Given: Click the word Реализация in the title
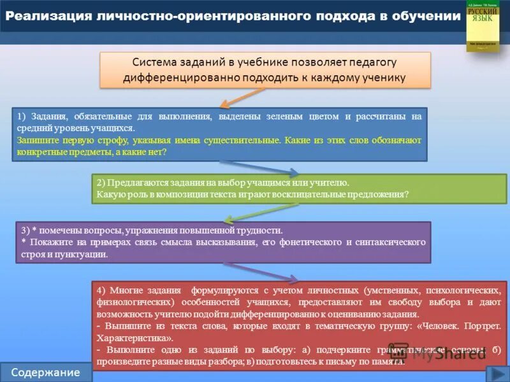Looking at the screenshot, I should click(x=40, y=16).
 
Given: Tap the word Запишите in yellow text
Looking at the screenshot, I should click(x=36, y=140).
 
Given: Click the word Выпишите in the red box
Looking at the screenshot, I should click(x=123, y=326).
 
